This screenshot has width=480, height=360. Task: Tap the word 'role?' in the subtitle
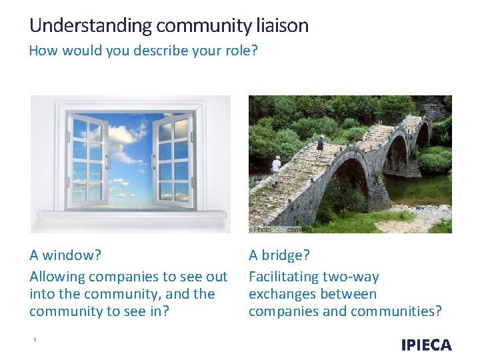point(242,51)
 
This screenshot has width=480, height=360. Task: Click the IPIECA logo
point(426,345)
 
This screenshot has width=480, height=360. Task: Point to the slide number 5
point(35,340)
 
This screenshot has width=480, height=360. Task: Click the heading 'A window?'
point(66,255)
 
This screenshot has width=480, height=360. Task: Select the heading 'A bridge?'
point(279,255)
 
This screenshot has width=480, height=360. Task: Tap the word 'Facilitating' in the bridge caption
point(283,276)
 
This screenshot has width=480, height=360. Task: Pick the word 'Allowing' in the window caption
point(57,276)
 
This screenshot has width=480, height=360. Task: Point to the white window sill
point(131,215)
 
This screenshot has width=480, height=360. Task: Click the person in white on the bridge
point(276,171)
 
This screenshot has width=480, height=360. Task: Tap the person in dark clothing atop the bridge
point(321,143)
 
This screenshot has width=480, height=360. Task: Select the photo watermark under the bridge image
point(273,229)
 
